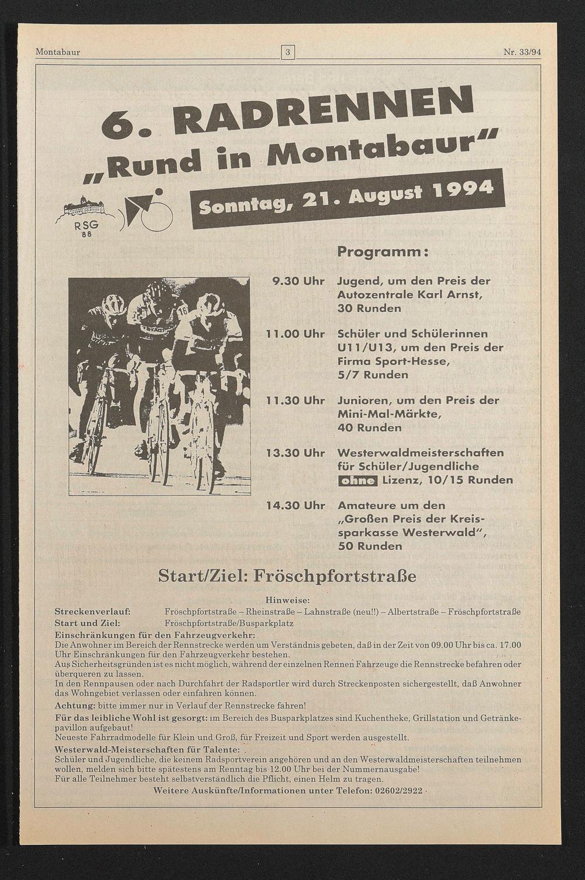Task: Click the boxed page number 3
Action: pyautogui.click(x=287, y=52)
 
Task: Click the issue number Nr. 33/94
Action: pyautogui.click(x=522, y=52)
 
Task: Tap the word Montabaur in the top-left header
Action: pyautogui.click(x=57, y=52)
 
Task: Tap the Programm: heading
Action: pyautogui.click(x=383, y=252)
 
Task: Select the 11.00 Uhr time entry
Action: pyautogui.click(x=295, y=334)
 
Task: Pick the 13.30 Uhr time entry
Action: pyautogui.click(x=295, y=453)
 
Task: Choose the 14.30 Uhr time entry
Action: pyautogui.click(x=295, y=506)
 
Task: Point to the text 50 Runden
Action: pyautogui.click(x=370, y=546)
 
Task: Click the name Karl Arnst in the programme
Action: pyautogui.click(x=453, y=295)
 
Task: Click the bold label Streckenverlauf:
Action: pyautogui.click(x=92, y=611)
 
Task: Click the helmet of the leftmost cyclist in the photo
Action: pyautogui.click(x=113, y=303)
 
